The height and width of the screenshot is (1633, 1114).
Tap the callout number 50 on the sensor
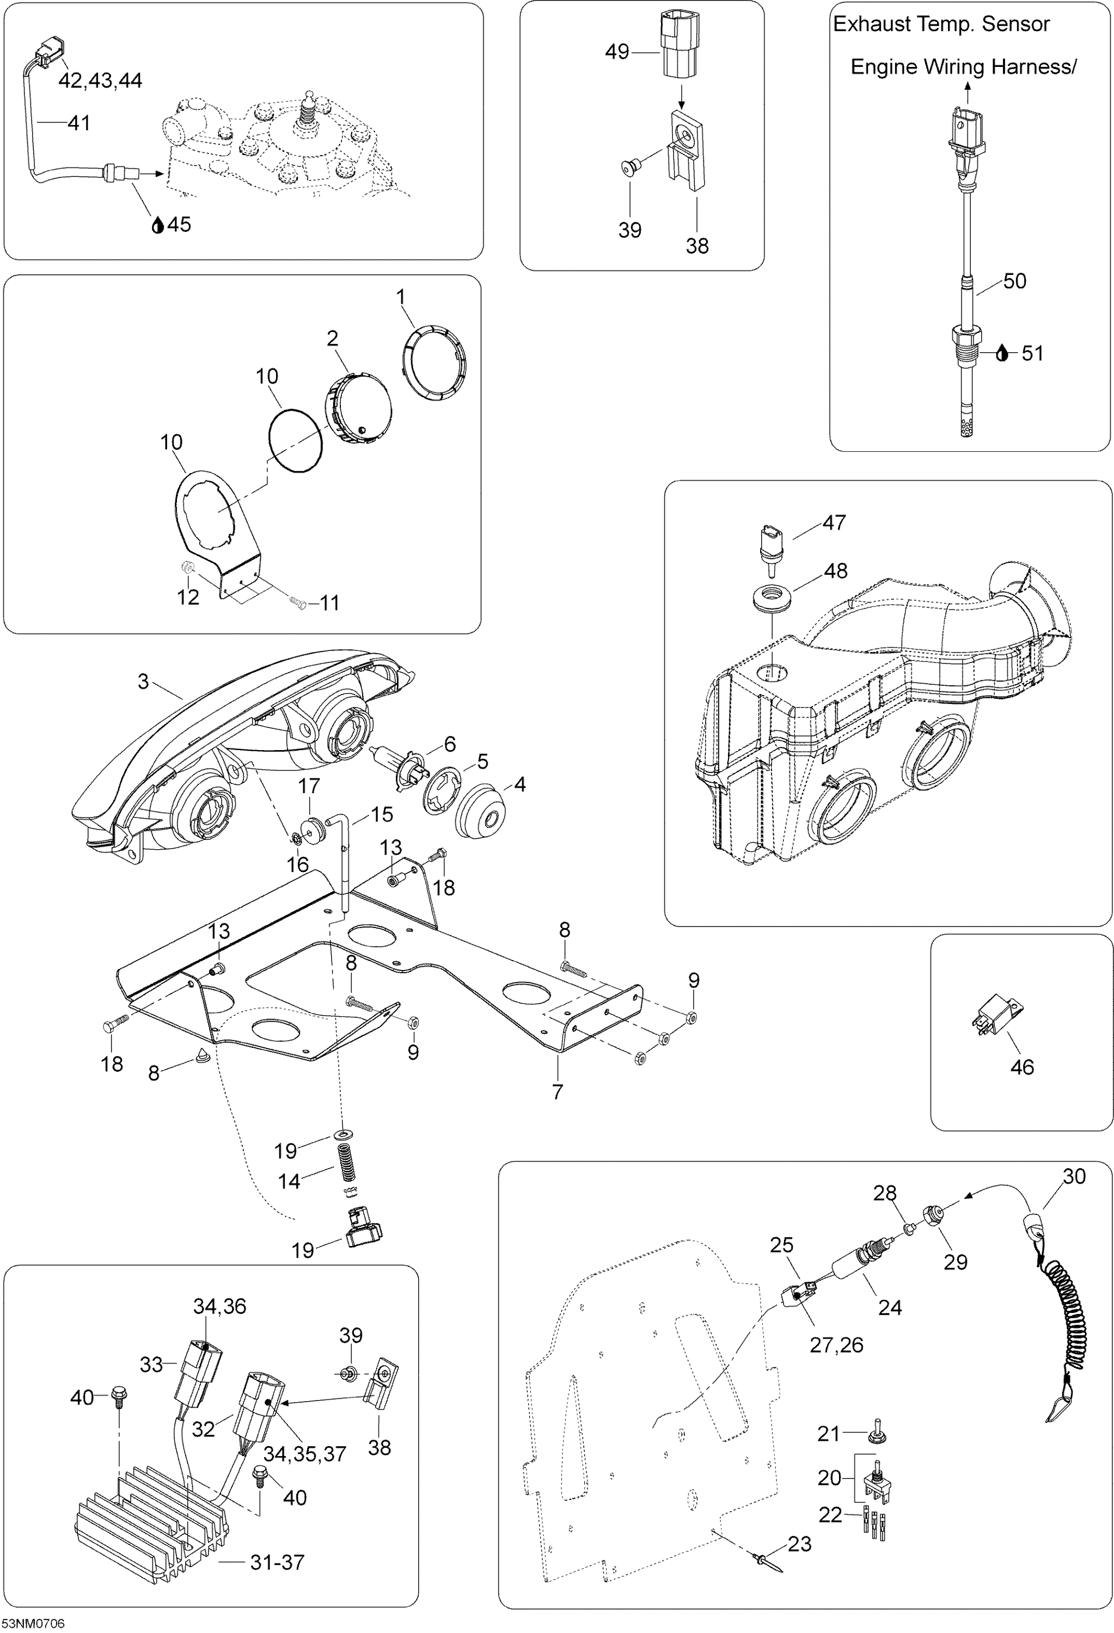coord(1014,281)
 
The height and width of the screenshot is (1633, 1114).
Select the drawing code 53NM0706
coord(33,1623)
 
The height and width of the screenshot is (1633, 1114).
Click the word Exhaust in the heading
coord(870,24)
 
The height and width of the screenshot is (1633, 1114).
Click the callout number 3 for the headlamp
coord(143,681)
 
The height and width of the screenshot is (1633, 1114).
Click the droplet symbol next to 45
coord(158,225)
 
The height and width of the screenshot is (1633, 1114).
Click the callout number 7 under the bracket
coord(558,1091)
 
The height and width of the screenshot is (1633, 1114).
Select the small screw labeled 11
coord(297,601)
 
